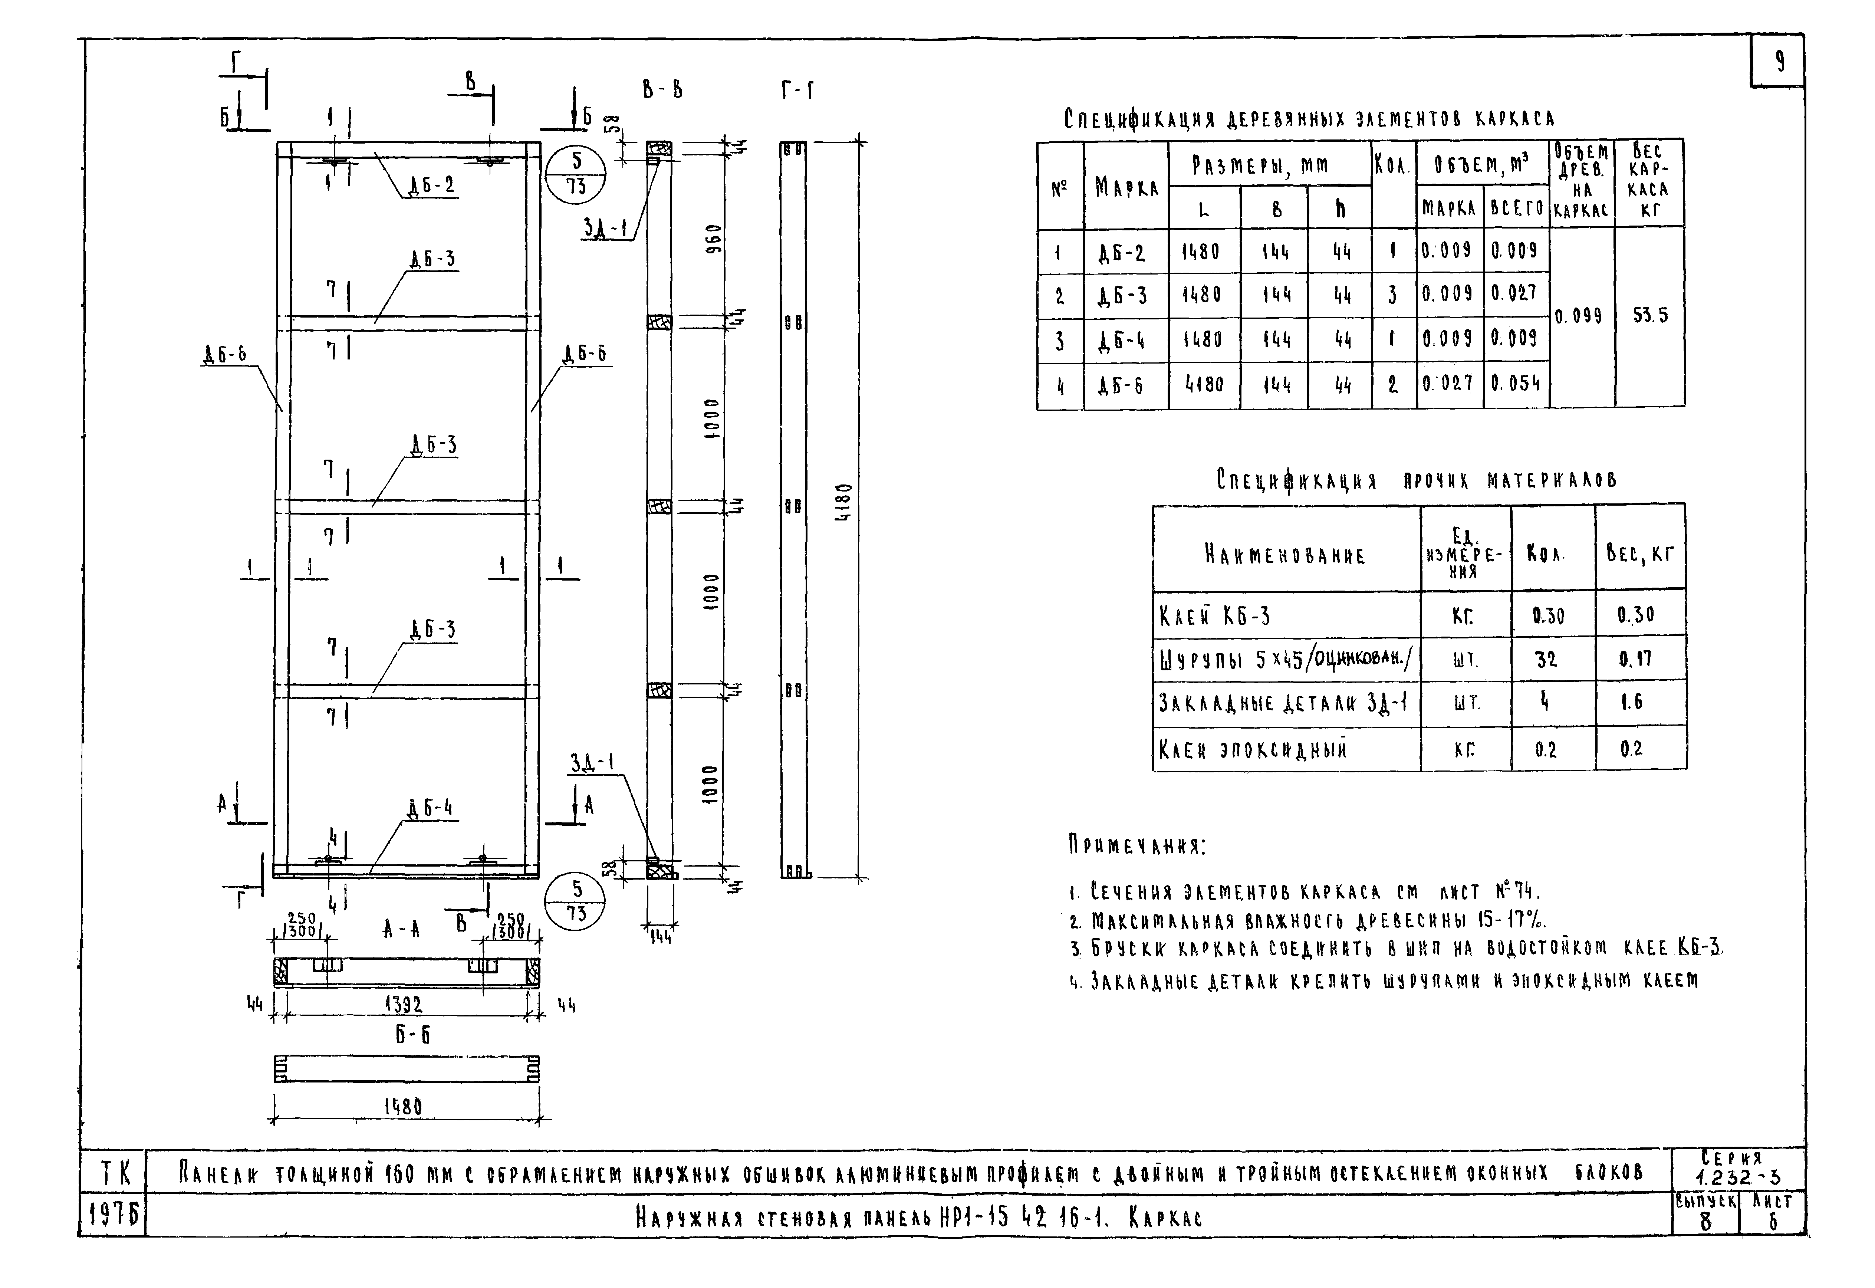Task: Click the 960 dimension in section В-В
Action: (x=711, y=238)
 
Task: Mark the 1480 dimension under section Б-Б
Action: (x=402, y=1107)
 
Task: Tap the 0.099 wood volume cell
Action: (x=1581, y=316)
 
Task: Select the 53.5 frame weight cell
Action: (x=1650, y=316)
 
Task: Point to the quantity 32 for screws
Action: (x=1546, y=659)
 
